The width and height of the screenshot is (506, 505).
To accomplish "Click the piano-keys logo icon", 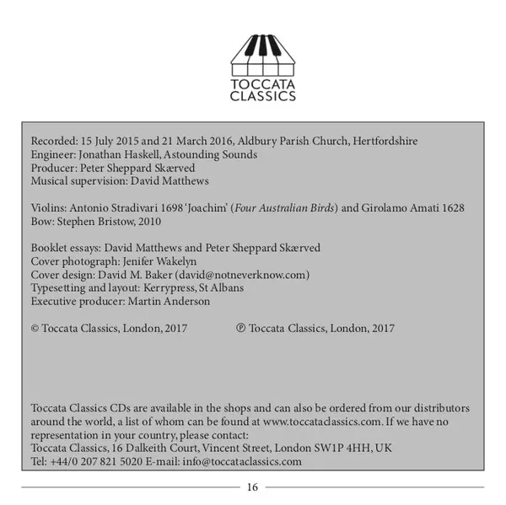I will point(263,53).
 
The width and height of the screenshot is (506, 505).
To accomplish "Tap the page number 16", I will point(253,487).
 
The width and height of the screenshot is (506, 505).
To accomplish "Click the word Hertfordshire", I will point(385,141).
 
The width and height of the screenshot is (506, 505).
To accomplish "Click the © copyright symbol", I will point(35,328).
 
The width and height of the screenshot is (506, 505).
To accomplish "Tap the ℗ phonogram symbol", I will point(241,328).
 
